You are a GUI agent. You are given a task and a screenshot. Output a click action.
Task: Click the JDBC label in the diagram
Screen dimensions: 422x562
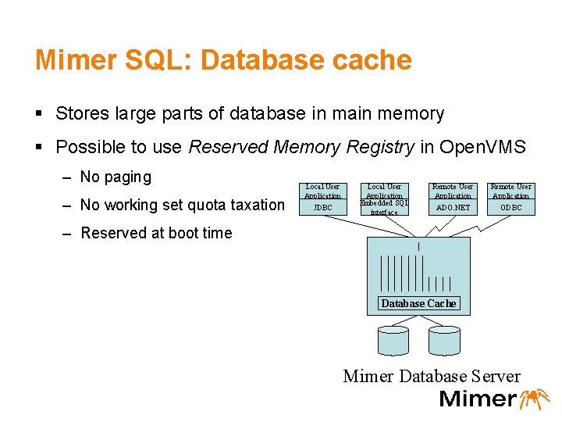(322, 208)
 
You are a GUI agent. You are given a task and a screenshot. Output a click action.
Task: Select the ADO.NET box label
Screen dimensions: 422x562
(453, 208)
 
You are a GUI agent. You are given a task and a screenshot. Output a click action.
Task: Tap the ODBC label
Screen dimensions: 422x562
(511, 208)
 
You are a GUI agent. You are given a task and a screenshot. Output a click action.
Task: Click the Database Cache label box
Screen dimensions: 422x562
(418, 303)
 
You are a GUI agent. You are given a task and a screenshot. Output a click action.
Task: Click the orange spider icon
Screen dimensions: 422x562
(535, 398)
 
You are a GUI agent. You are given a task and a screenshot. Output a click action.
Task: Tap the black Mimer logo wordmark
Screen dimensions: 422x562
(478, 399)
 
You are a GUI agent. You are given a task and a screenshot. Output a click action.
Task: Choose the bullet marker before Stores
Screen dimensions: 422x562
(40, 114)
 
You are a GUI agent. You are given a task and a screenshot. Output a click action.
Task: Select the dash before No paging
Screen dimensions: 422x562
(68, 177)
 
